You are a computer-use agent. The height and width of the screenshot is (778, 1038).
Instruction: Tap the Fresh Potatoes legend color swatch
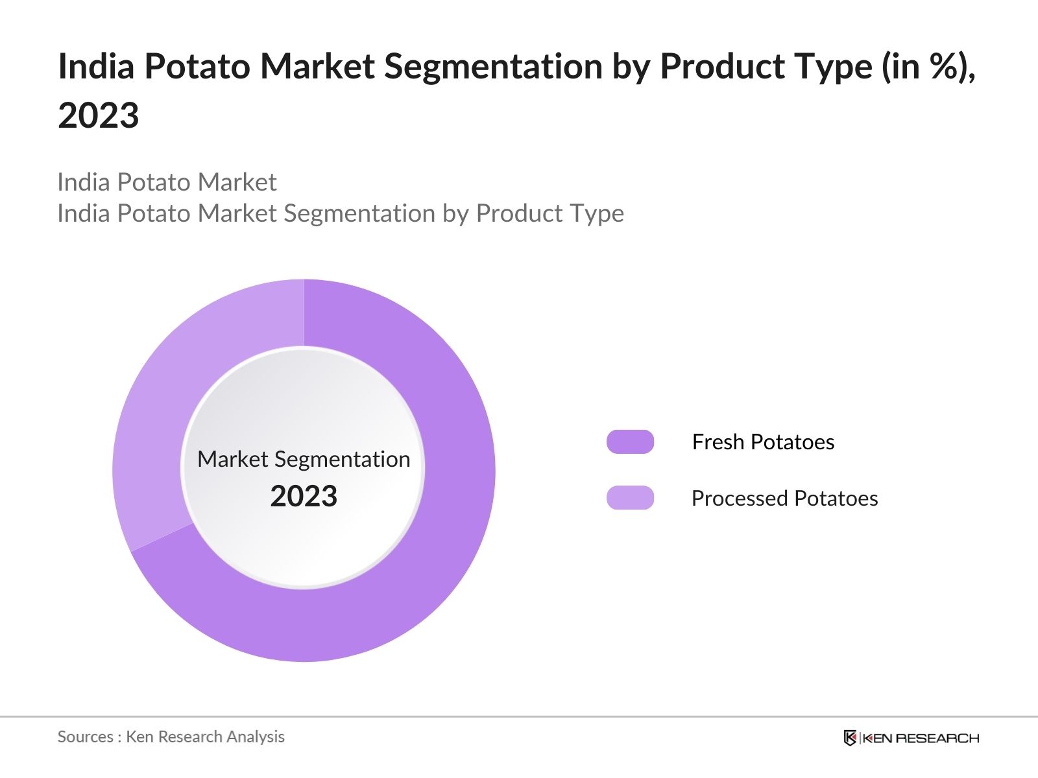click(x=630, y=442)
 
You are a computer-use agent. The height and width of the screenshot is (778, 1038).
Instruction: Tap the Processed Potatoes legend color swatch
click(x=630, y=498)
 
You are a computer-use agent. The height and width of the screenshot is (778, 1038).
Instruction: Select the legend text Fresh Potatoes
click(x=763, y=442)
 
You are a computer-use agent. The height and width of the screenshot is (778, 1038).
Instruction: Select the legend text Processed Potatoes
click(x=784, y=498)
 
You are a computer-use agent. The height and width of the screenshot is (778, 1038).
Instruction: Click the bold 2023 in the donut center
click(x=304, y=497)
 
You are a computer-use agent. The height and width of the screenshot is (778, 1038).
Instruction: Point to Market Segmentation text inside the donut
click(x=304, y=459)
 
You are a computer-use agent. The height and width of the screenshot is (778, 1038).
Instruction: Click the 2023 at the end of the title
click(x=99, y=115)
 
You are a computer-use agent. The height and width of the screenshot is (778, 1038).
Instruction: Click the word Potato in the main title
click(x=197, y=66)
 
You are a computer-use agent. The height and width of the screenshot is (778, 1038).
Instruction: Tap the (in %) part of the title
click(x=928, y=66)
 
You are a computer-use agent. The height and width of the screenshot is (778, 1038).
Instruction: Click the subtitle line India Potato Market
click(x=167, y=182)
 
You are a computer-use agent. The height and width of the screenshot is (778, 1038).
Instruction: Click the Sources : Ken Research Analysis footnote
click(x=171, y=737)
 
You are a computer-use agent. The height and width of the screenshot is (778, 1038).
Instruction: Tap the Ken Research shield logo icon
click(x=850, y=738)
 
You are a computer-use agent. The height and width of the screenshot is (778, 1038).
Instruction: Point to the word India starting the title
click(x=95, y=66)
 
